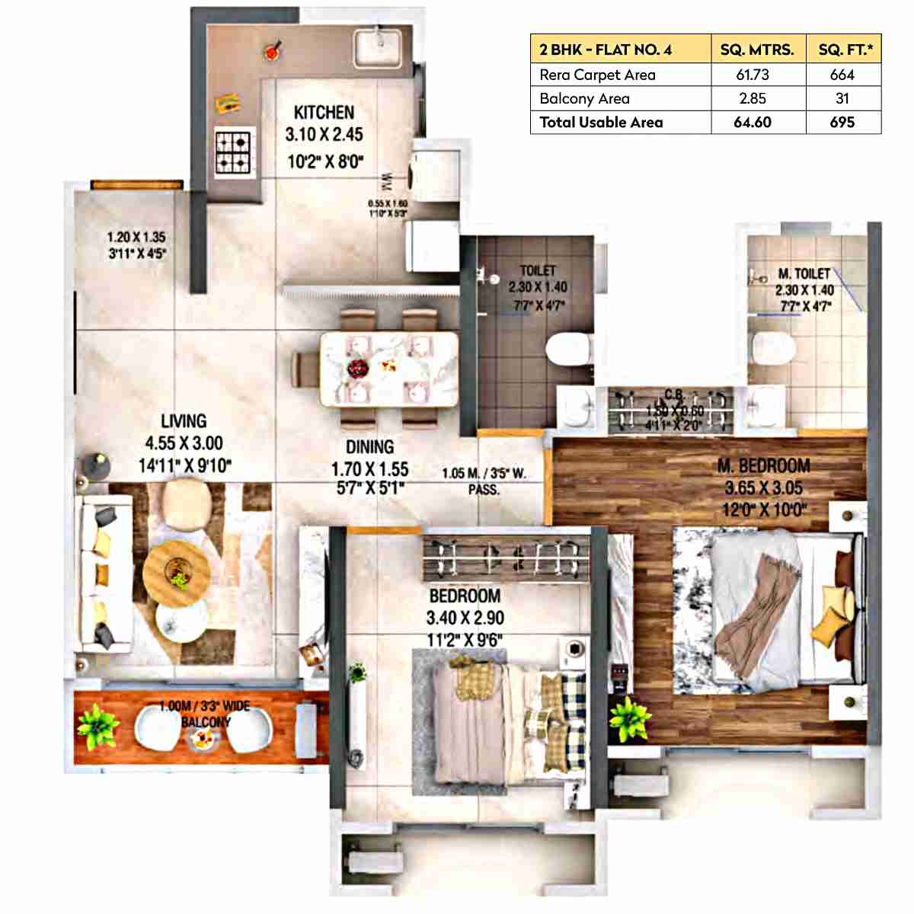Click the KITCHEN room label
point(324,113)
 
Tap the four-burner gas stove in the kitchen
point(233,152)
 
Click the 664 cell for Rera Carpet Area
point(842,75)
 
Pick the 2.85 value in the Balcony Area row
point(752,98)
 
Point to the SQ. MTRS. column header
point(756,50)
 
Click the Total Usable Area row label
point(601,122)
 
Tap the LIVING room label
point(184,421)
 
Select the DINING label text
point(369,447)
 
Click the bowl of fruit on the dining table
point(357,369)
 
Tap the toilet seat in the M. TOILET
point(773,350)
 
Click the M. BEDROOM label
point(763,465)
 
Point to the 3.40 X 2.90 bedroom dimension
point(465,618)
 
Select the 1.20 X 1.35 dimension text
point(136,238)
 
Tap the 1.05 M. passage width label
point(484,474)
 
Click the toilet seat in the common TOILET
point(567,350)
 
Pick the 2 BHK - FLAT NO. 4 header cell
point(606,50)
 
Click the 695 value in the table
point(842,122)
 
